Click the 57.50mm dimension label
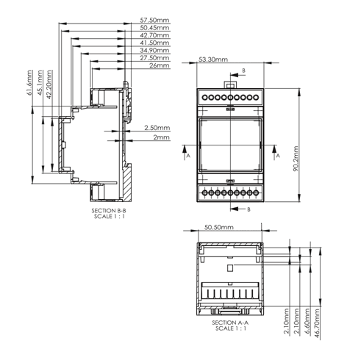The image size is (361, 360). click(154, 20)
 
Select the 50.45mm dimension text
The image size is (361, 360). click(154, 27)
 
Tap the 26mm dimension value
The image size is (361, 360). click(160, 65)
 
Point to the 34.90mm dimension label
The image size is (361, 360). click(154, 50)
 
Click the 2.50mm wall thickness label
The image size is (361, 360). click(157, 128)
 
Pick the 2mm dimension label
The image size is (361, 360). click(162, 137)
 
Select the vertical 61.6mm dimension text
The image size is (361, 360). click(29, 83)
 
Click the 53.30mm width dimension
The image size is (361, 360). click(213, 60)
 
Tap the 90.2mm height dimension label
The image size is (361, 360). click(296, 159)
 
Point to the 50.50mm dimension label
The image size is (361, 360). click(219, 227)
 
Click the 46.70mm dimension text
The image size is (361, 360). click(317, 323)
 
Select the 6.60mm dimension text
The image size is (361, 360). click(307, 321)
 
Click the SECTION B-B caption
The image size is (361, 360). click(109, 211)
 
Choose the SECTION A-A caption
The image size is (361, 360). click(230, 323)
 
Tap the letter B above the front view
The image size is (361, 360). click(243, 71)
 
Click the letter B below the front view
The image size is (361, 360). click(249, 209)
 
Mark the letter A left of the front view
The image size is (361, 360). click(188, 156)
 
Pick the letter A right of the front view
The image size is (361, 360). click(278, 156)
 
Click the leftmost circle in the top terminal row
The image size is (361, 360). click(205, 98)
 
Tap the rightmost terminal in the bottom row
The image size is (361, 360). click(256, 193)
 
